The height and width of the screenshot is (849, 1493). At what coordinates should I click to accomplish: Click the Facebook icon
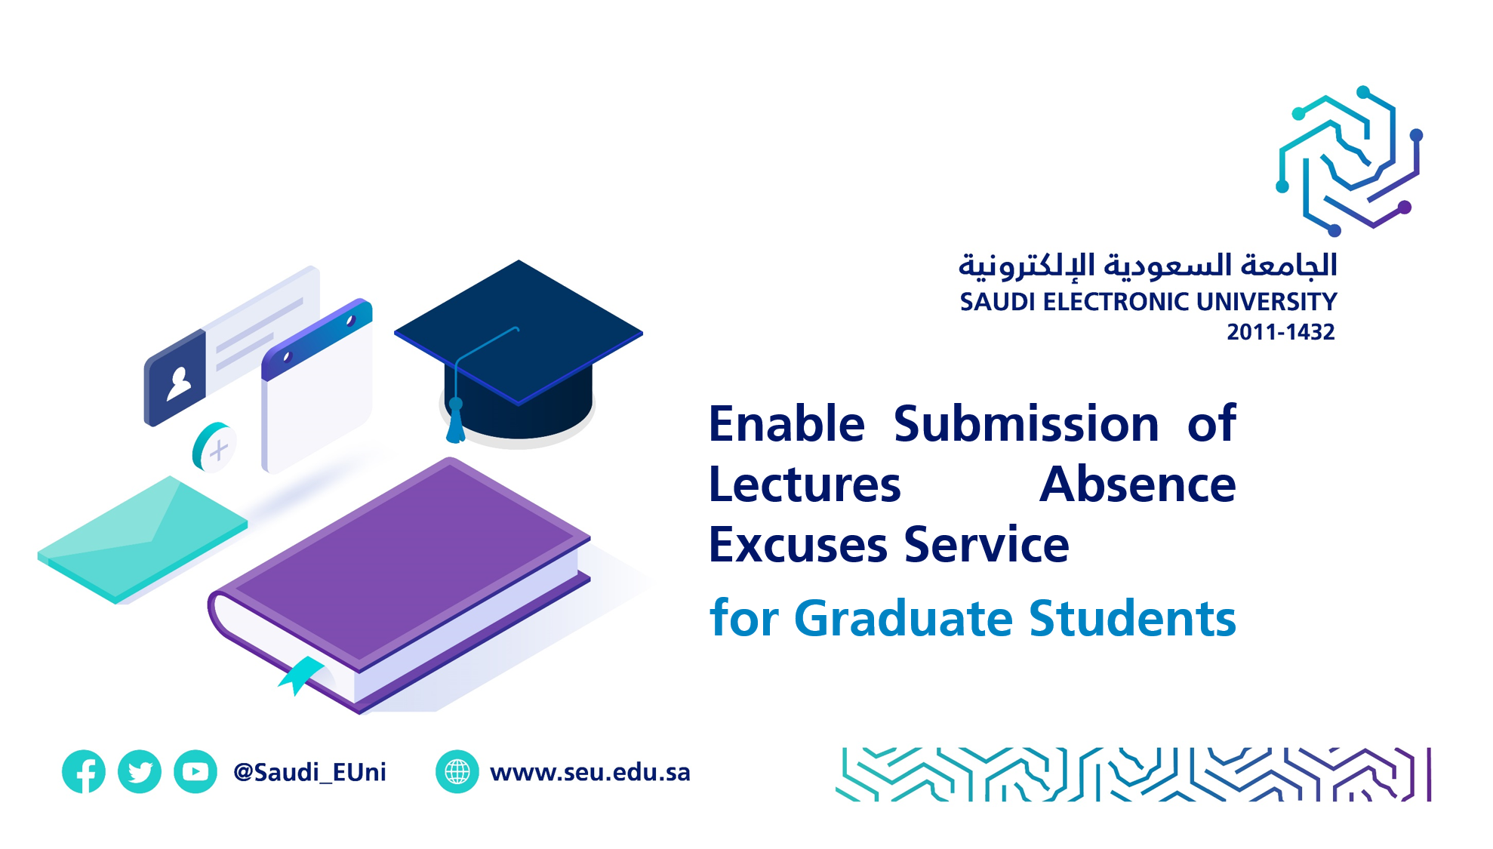(84, 771)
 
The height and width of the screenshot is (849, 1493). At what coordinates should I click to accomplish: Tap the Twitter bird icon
(140, 771)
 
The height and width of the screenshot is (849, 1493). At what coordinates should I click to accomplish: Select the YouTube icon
(195, 771)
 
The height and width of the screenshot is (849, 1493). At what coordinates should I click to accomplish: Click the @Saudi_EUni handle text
(309, 772)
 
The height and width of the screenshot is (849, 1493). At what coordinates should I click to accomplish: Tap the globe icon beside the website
(457, 771)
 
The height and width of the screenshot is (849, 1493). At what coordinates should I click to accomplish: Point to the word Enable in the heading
(787, 423)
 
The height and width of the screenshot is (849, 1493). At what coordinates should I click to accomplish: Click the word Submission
(1027, 423)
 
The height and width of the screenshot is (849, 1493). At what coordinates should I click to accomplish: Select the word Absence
(1138, 484)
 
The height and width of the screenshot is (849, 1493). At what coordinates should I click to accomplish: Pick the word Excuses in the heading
(799, 545)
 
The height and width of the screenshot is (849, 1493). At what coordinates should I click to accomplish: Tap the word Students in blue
(1133, 618)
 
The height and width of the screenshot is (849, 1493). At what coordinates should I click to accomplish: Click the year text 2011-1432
(1281, 332)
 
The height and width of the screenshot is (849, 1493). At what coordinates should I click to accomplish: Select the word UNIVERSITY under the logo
(1267, 302)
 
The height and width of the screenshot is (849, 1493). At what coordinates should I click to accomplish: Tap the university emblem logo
(1350, 161)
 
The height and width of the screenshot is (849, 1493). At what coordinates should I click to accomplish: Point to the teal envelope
(143, 539)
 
